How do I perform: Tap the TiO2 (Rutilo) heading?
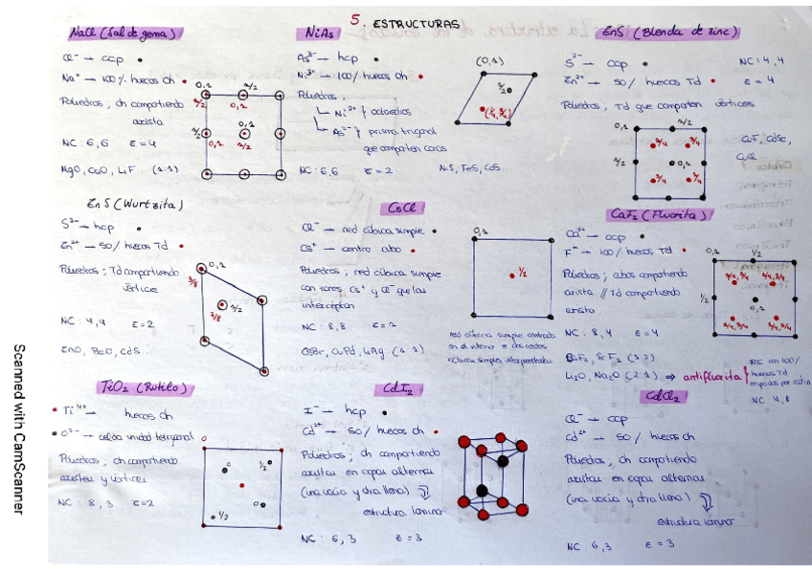[x=145, y=387]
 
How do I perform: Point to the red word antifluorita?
[x=713, y=376]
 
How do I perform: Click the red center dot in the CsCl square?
[x=512, y=275]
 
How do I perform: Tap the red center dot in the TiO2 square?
[x=241, y=485]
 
